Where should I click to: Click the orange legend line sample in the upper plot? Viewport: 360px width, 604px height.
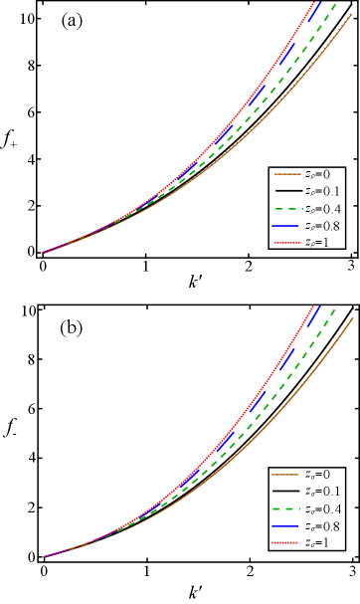(x=287, y=174)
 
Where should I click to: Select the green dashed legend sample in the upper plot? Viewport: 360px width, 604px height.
(x=287, y=209)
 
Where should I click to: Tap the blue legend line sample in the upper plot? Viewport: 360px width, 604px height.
(x=286, y=226)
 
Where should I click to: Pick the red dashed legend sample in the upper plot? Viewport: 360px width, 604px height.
(x=287, y=243)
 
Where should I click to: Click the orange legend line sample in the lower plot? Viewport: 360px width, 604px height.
(x=284, y=475)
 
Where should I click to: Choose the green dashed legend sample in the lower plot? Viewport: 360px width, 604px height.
(x=285, y=508)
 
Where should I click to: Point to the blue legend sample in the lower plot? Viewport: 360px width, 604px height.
(x=285, y=525)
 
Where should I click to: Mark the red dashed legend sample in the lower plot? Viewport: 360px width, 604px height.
(x=285, y=542)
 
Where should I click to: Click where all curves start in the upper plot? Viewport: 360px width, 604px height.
(x=44, y=253)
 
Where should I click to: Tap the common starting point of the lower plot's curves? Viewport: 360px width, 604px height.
(x=44, y=556)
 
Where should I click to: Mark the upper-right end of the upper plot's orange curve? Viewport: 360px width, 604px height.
(x=353, y=15)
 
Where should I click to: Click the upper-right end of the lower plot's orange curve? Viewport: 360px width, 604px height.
(x=353, y=318)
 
